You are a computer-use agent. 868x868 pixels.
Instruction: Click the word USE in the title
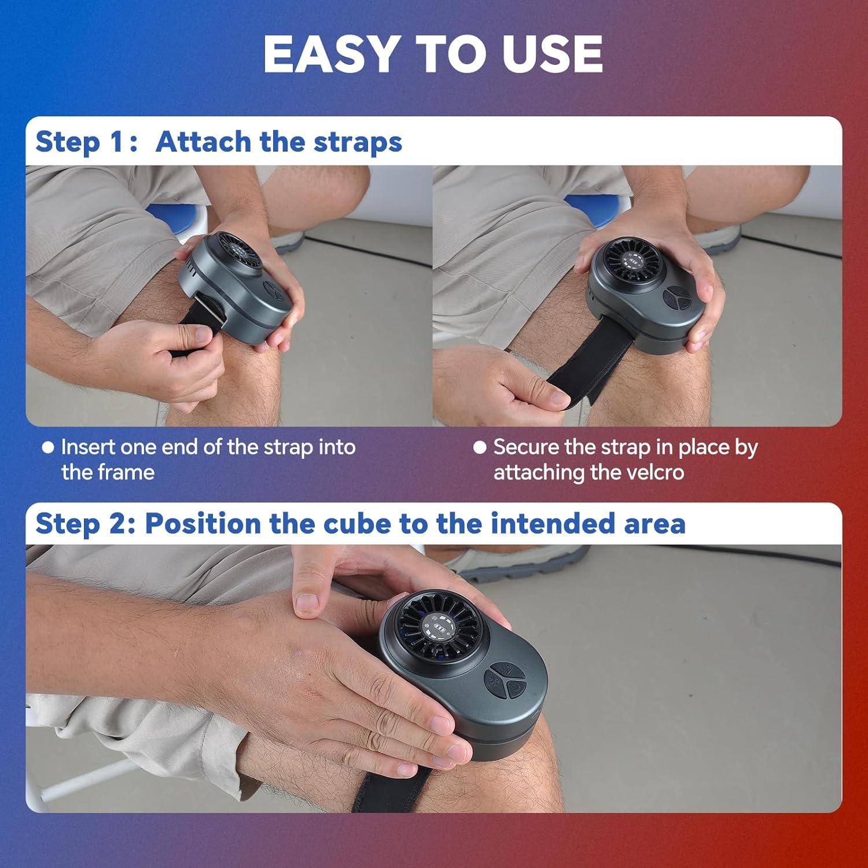coord(553,54)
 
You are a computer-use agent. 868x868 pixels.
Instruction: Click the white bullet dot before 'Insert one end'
coord(49,447)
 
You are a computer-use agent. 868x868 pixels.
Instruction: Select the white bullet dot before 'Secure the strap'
coord(480,447)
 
